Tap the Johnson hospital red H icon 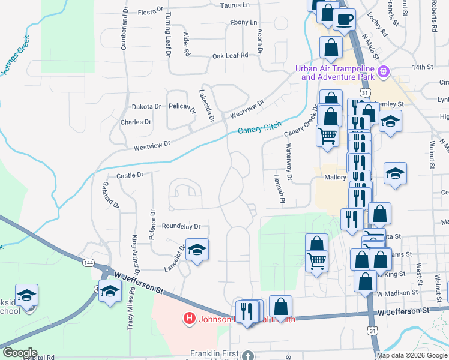point(190,317)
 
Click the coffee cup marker point(345,19)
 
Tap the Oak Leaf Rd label point(230,56)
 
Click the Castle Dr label point(130,175)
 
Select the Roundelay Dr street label point(181,226)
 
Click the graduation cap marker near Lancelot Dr point(196,250)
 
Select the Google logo point(19,353)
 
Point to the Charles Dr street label point(136,122)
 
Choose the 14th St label point(423,67)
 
